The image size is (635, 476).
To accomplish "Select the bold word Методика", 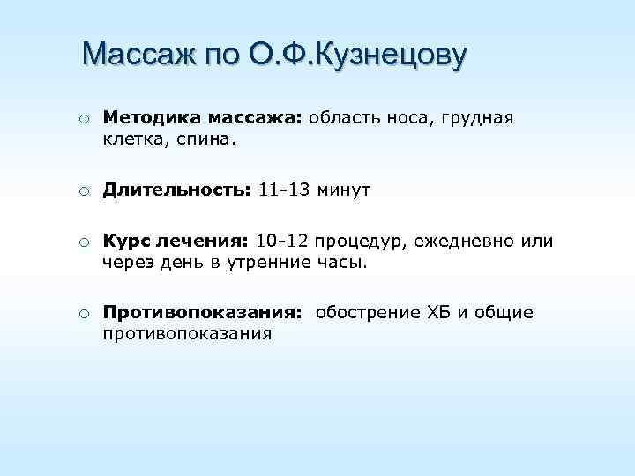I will click(151, 118).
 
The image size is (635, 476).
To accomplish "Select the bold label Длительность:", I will click(177, 190).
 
